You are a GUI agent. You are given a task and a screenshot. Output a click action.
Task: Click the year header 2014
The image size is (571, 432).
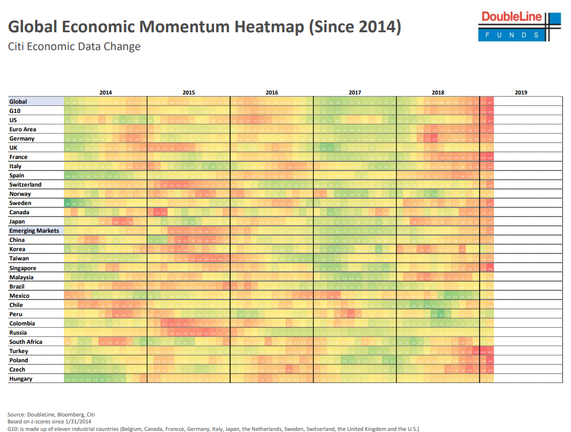[x=106, y=92]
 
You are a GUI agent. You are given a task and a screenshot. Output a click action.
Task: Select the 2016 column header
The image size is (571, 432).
[x=272, y=92]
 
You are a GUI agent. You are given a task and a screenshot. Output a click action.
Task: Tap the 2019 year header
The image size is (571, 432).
[x=521, y=92]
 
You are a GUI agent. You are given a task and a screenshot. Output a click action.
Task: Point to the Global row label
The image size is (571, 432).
[x=18, y=102]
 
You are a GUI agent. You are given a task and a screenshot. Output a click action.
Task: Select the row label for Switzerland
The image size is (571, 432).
[x=25, y=185]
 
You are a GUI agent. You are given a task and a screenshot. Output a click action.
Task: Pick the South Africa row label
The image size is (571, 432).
[x=26, y=342]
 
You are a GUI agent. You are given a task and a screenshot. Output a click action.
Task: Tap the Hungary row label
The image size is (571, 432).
[x=21, y=378]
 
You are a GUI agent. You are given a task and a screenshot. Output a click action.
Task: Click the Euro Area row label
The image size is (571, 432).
[x=23, y=130]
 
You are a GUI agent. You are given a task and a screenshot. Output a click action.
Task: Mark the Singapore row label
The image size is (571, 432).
[x=22, y=268]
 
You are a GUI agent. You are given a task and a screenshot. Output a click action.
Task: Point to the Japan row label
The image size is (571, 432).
[x=17, y=222]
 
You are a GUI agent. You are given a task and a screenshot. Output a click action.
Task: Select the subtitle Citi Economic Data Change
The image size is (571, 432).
[x=74, y=47]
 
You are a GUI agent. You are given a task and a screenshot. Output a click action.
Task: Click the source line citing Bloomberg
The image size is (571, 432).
[x=51, y=414]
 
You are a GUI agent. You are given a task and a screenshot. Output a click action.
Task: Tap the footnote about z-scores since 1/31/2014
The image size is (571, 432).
[x=50, y=422]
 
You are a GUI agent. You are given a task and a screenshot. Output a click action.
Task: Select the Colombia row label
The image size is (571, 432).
[x=22, y=323]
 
